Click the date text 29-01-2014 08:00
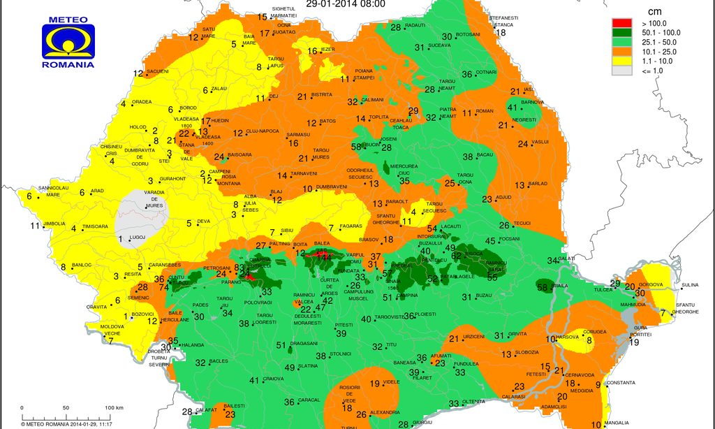click(345, 3)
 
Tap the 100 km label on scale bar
click(114, 407)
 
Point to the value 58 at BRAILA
click(542, 287)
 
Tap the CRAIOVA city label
click(273, 379)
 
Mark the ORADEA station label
click(142, 102)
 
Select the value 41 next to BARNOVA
click(513, 107)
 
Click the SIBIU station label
click(287, 231)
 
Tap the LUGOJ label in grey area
click(138, 238)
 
